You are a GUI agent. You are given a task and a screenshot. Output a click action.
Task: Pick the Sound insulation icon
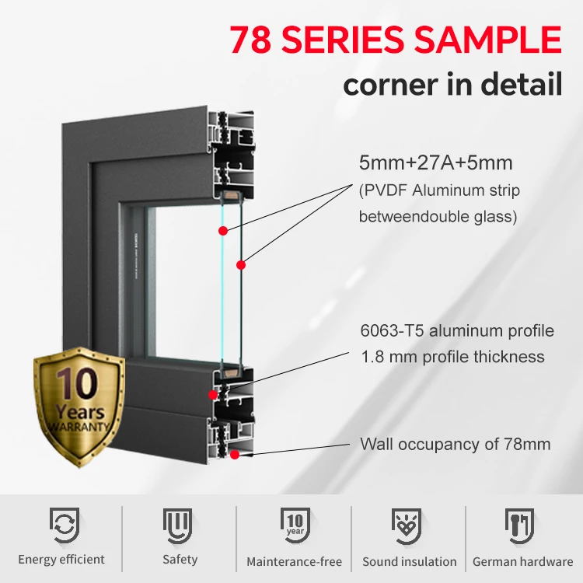(x=408, y=525)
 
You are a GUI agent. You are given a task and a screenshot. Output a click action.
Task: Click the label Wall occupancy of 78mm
(x=455, y=445)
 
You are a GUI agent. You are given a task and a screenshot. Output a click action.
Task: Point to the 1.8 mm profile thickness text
(x=452, y=358)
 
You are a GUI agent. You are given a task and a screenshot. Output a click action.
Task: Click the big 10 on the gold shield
(x=78, y=385)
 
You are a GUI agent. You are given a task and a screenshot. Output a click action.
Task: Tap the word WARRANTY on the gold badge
(x=79, y=428)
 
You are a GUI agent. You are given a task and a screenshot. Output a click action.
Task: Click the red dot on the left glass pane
(x=223, y=231)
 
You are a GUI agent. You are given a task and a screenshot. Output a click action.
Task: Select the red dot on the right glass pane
(x=241, y=265)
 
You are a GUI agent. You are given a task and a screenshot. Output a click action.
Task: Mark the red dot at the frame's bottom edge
(x=234, y=453)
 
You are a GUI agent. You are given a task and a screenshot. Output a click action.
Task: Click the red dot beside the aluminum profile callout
(x=212, y=395)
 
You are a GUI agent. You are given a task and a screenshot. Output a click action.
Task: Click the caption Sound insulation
(x=410, y=561)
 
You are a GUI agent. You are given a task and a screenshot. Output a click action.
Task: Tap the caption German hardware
(x=523, y=561)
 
